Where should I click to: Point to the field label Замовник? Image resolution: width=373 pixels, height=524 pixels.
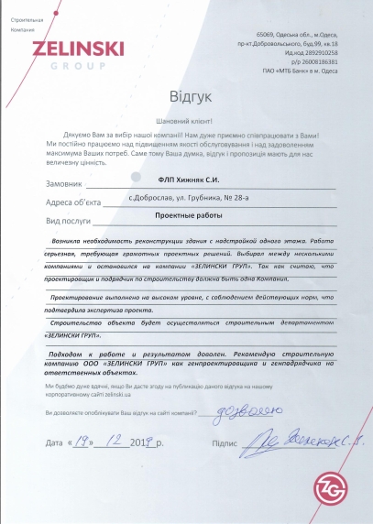pos(64,183)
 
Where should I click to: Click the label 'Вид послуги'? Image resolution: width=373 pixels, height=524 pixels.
pos(70,224)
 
